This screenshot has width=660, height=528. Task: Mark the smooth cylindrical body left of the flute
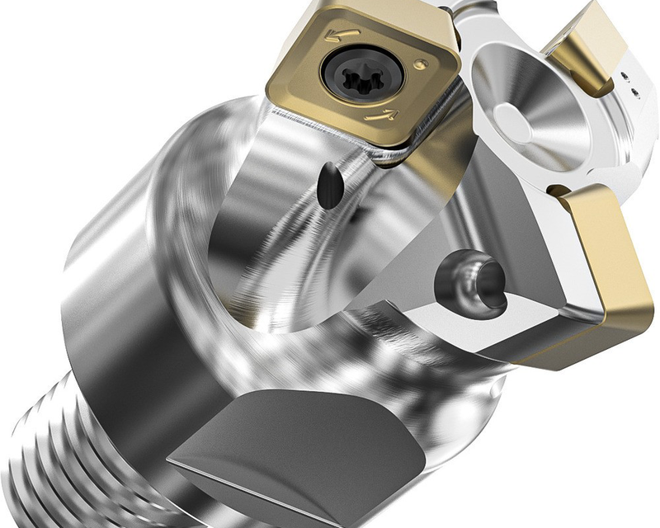click(124, 272)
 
